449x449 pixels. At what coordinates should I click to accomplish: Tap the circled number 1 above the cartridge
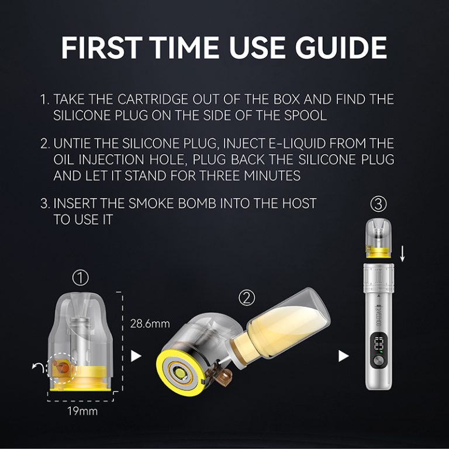pos(80,276)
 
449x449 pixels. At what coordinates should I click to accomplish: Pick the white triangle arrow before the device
pos(344,355)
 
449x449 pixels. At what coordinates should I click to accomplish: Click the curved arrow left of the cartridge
pos(38,367)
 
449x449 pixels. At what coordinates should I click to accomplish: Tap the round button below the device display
pos(378,361)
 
